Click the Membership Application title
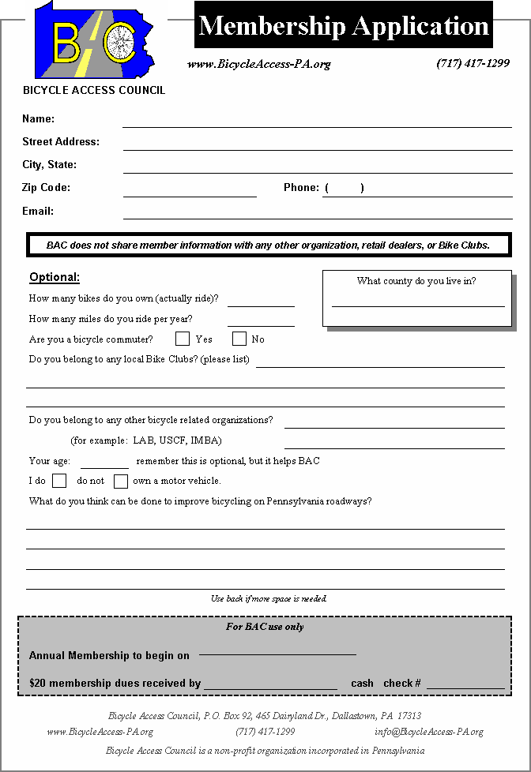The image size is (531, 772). pos(344,26)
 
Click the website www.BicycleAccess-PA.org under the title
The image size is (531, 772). pos(259,64)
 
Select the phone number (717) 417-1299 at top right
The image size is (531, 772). pos(473,63)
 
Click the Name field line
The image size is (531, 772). pos(317,122)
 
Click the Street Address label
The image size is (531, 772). pos(61,142)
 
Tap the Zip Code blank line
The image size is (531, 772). pos(190,191)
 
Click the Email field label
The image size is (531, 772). pos(38,212)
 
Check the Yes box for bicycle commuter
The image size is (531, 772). pos(183,339)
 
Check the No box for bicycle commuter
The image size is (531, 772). pos(239,339)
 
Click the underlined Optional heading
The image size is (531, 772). pos(55,278)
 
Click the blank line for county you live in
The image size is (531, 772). pos(418,301)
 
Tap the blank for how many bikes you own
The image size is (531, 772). pos(261,301)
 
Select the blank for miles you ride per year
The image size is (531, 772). pos(261,320)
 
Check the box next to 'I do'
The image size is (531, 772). pos(59,481)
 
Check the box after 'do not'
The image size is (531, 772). pos(121,481)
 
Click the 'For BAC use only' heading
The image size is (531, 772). pos(265,627)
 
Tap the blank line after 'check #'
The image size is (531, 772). pos(465,684)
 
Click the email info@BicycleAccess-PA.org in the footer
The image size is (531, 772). pos(429,732)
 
